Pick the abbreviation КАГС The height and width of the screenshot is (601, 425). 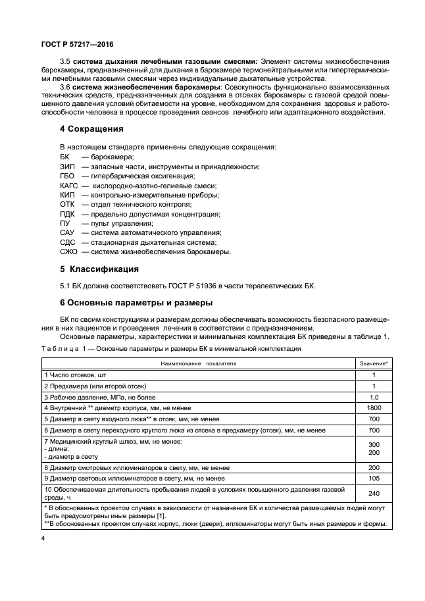coord(69,186)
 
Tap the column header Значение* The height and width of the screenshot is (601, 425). coord(373,363)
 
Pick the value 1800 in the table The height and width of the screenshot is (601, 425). coord(373,408)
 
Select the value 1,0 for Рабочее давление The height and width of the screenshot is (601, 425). coord(373,397)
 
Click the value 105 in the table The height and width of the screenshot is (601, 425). coord(373,478)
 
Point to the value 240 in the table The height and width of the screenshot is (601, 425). coord(373,493)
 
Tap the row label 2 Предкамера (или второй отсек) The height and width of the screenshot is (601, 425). coord(95,386)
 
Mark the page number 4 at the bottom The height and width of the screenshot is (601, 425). coord(43,538)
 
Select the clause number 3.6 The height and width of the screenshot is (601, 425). coord(65,87)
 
